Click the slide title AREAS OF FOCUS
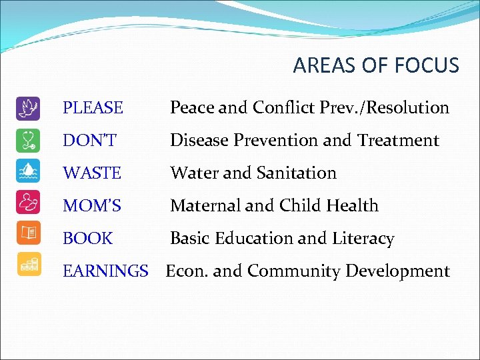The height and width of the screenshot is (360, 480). click(376, 65)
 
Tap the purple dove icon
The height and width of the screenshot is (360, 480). click(28, 107)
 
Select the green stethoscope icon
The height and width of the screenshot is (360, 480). click(28, 140)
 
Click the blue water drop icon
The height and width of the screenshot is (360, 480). click(28, 173)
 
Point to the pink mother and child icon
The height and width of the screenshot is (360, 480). click(28, 205)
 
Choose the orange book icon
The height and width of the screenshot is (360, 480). click(28, 238)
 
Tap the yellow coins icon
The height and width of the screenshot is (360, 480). click(28, 265)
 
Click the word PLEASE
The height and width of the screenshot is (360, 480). click(93, 107)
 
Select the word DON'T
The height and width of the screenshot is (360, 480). click(89, 140)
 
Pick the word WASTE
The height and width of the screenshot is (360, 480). click(92, 173)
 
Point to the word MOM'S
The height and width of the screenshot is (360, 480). click(92, 205)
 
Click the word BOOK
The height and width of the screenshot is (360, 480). click(88, 238)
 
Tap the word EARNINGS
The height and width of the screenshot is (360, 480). click(105, 271)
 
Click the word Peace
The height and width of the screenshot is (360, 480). click(193, 107)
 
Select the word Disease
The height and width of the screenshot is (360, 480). click(198, 140)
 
